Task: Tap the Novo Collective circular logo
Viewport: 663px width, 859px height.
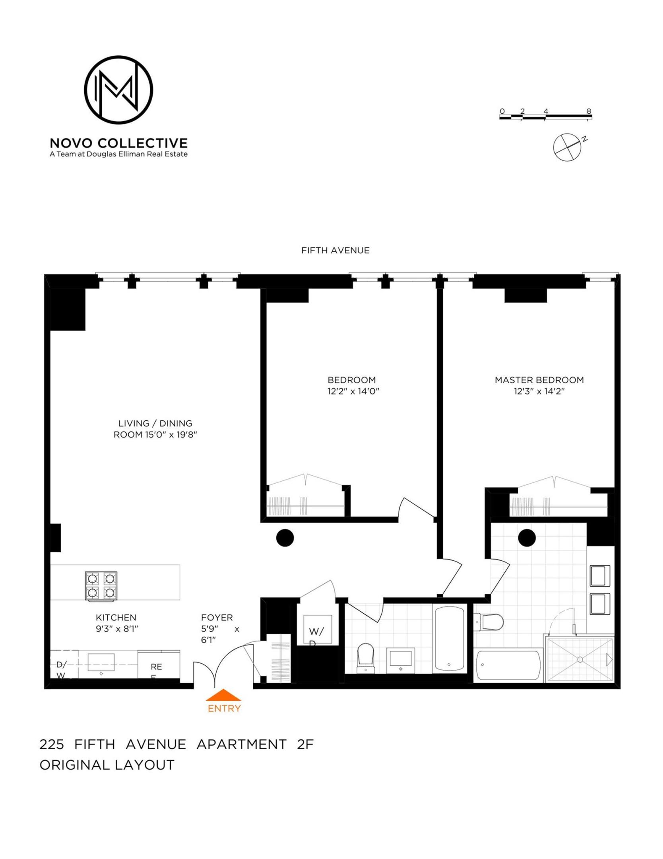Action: [118, 90]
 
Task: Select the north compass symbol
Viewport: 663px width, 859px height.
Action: [567, 147]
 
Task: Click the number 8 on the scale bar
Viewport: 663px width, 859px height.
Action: [589, 111]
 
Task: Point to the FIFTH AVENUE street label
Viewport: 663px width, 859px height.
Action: [335, 250]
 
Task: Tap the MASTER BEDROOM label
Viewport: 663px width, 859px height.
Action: [539, 380]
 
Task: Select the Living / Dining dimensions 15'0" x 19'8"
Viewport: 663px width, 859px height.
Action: [155, 435]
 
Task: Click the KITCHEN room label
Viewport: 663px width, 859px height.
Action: [116, 618]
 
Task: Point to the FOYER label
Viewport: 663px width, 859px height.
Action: [217, 618]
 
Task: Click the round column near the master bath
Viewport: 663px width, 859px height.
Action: [527, 538]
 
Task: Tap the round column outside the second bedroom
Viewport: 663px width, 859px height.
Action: [285, 538]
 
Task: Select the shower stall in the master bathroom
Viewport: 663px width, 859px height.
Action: [580, 660]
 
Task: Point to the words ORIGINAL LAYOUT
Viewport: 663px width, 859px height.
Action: [107, 765]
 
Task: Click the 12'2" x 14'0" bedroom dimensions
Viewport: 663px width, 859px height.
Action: [353, 391]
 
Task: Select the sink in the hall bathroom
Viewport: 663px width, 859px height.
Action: [401, 660]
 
